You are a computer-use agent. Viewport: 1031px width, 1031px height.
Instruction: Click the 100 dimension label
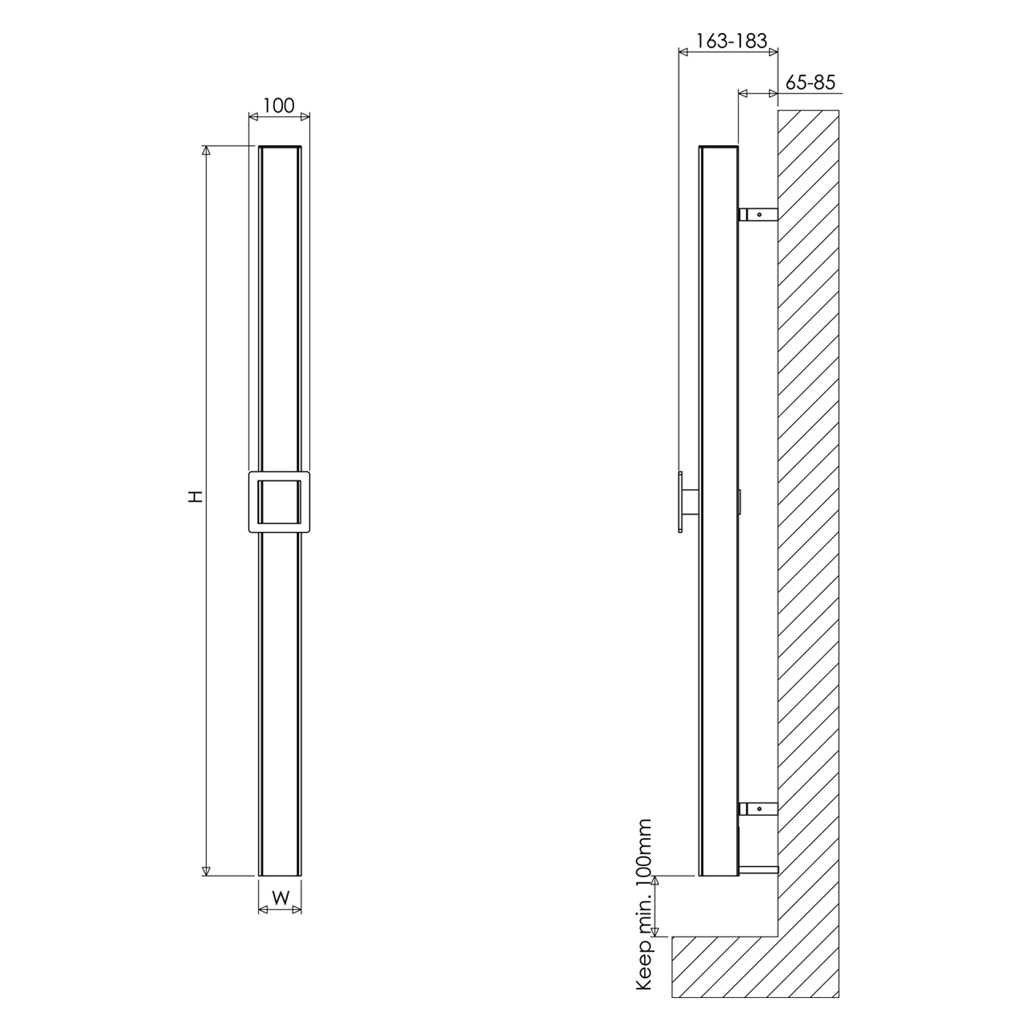(278, 105)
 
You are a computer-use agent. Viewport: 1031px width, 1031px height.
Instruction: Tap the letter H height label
(196, 496)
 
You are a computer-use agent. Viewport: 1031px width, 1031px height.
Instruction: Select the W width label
(280, 897)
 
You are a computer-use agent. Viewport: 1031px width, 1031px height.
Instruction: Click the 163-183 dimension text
(731, 41)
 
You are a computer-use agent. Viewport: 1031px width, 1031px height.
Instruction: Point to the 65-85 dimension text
(810, 82)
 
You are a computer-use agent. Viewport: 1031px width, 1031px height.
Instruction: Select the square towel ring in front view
(279, 502)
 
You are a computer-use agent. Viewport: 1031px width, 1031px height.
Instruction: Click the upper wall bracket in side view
(758, 214)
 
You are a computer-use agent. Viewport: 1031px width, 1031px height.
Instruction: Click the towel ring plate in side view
(680, 502)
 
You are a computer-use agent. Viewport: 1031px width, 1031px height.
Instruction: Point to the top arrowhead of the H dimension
(205, 150)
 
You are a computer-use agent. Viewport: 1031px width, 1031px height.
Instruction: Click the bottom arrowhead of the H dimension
(205, 872)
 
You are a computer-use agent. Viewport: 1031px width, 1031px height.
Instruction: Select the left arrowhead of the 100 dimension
(252, 118)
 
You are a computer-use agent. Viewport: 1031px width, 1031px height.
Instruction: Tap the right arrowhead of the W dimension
(297, 910)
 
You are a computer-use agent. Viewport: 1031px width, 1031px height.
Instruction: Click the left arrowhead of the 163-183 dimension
(683, 51)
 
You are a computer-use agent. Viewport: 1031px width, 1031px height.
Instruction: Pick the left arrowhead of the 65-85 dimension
(742, 92)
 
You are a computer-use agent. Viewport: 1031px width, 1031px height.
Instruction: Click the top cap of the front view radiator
(280, 147)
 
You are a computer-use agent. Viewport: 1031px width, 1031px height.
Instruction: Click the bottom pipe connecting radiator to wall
(758, 869)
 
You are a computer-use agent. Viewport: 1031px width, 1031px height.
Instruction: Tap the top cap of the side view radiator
(718, 147)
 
